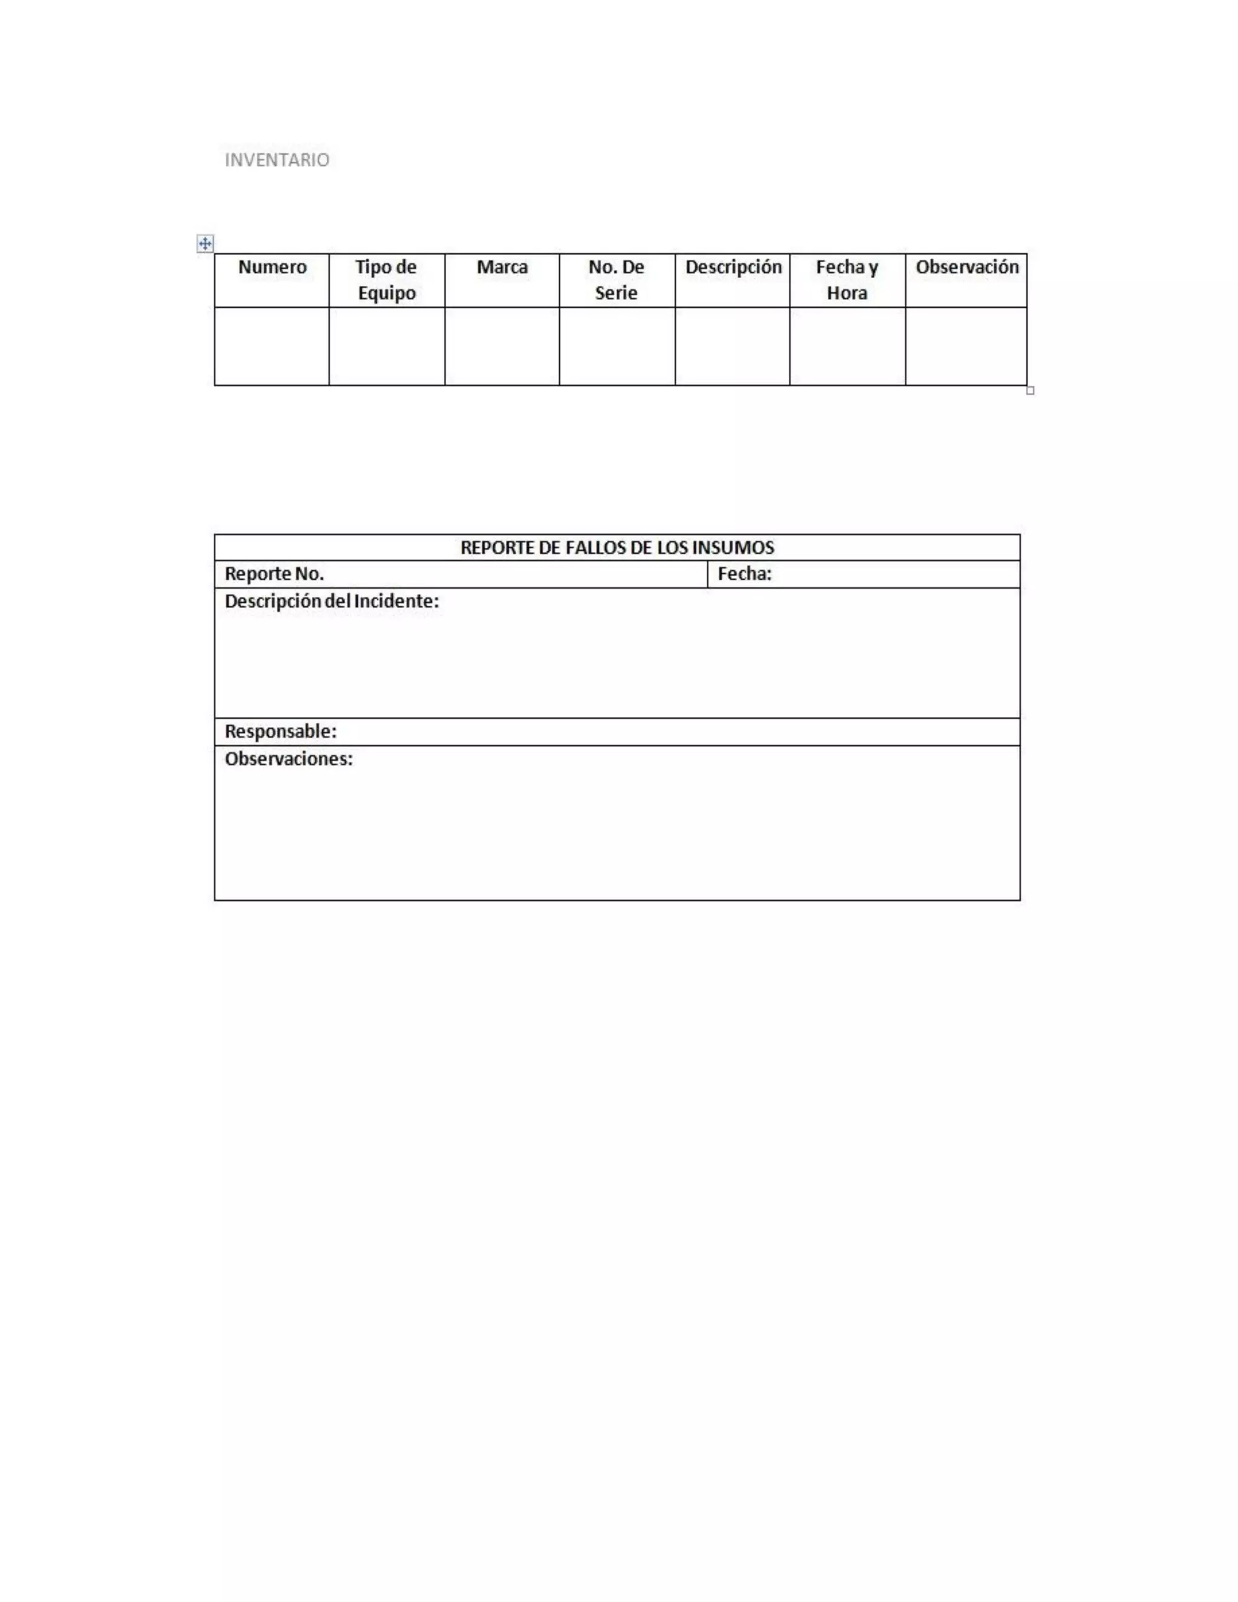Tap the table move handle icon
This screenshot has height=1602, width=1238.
[205, 244]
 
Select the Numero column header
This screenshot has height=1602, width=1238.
[272, 267]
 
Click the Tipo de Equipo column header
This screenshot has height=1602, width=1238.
[386, 279]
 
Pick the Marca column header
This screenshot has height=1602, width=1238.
[502, 267]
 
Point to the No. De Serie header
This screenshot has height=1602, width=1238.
[616, 279]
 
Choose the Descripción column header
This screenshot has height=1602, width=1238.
[733, 267]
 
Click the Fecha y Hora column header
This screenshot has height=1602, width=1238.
[847, 279]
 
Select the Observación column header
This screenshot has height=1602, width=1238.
[967, 267]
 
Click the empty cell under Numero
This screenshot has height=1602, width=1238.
[272, 346]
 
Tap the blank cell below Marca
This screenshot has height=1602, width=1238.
[502, 346]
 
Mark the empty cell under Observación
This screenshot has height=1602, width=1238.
[966, 346]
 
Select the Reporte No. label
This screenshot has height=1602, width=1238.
[274, 574]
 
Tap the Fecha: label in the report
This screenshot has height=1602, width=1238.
[744, 574]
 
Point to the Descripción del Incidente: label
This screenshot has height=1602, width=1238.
[331, 602]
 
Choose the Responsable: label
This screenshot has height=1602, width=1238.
[280, 731]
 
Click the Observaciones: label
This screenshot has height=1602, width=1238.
[288, 759]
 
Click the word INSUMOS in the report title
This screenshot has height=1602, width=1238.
[733, 547]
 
